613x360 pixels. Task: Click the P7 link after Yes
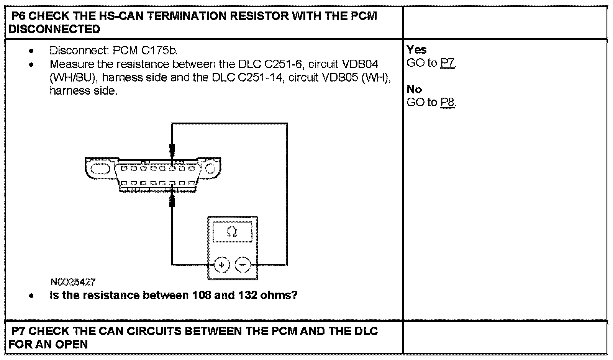click(x=447, y=63)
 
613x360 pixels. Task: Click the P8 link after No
click(x=447, y=102)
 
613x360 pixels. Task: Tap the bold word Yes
click(x=416, y=49)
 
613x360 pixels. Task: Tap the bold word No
click(x=414, y=89)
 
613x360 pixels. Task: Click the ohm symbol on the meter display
click(x=232, y=232)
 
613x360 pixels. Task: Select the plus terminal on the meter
click(x=221, y=265)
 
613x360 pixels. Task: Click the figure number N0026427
click(x=73, y=282)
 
